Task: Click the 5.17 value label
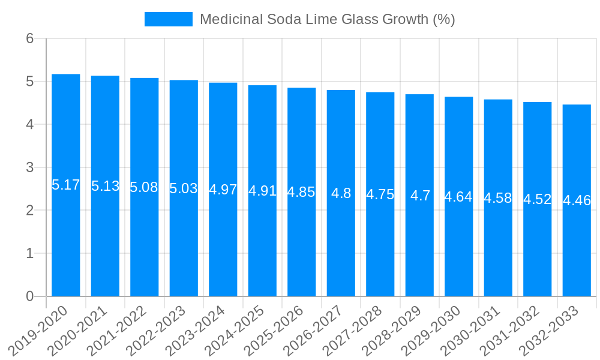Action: (x=66, y=185)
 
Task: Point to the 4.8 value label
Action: (x=341, y=193)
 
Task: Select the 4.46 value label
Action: (x=577, y=200)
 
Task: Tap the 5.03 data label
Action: (x=184, y=188)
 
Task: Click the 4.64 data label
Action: (x=458, y=197)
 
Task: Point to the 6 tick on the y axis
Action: (x=29, y=38)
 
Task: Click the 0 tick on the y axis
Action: (x=29, y=296)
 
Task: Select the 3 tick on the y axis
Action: (x=29, y=167)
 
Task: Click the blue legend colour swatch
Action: (x=169, y=19)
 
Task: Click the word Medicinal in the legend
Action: (x=227, y=19)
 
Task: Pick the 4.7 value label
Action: (x=420, y=196)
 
